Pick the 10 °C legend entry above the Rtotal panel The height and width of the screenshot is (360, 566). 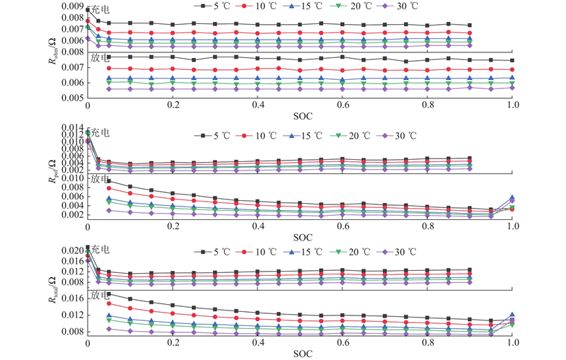click(261, 251)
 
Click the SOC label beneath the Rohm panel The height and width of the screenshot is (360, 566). click(300, 114)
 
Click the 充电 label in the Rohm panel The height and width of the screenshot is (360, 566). click(100, 10)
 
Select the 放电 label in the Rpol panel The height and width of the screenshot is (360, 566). click(100, 179)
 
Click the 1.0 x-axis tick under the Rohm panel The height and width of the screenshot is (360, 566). click(512, 104)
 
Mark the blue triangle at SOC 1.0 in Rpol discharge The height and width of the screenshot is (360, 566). click(512, 198)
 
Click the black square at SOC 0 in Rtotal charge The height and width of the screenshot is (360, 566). click(88, 248)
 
